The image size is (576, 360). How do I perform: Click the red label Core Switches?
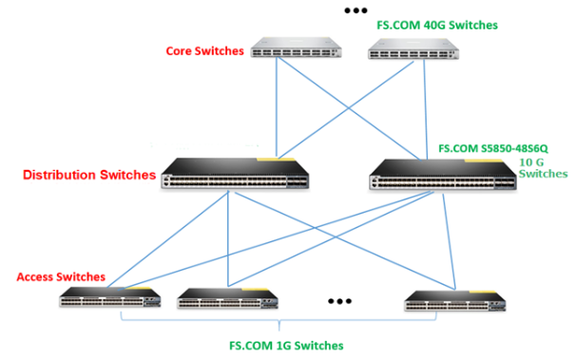tap(204, 50)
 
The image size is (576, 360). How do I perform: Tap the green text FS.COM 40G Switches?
tap(437, 25)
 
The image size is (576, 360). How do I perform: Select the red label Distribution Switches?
tap(88, 175)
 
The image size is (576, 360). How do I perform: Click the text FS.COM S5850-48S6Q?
tap(493, 149)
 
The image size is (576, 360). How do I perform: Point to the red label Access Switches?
tap(61, 276)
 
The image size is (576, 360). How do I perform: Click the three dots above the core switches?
tap(355, 10)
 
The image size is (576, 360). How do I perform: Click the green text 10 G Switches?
tap(544, 168)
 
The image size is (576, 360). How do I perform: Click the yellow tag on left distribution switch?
tap(281, 157)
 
